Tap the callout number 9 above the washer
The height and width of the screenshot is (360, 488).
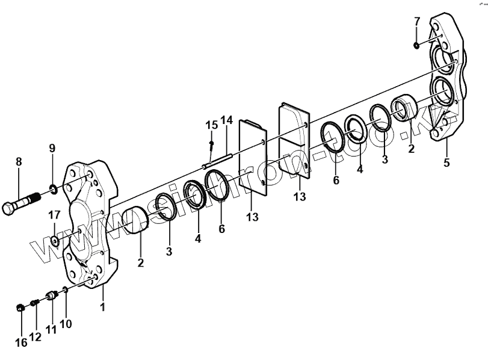pos(52,148)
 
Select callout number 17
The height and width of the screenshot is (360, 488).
pos(54,215)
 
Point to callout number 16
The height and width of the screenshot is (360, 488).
pos(22,343)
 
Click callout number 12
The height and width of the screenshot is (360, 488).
pos(36,337)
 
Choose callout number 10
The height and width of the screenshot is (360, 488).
pos(66,324)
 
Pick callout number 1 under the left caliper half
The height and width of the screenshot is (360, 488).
pos(103,307)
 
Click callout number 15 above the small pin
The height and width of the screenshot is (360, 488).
pos(211,125)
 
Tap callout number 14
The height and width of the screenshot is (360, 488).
pos(226,120)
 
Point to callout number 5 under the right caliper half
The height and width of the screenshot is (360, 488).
pos(446,162)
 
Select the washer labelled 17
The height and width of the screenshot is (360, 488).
pos(55,241)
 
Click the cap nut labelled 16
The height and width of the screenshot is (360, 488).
pos(20,308)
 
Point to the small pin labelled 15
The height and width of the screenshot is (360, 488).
pos(212,144)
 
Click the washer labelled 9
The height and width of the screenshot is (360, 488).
pos(54,190)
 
